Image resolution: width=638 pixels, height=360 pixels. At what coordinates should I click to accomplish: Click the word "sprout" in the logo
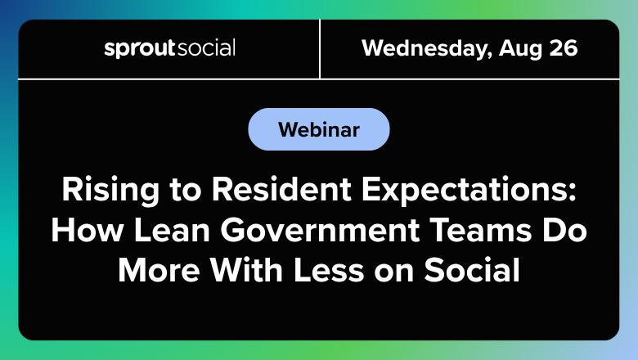click(x=140, y=48)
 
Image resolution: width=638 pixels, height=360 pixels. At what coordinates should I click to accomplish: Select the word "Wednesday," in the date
click(x=426, y=48)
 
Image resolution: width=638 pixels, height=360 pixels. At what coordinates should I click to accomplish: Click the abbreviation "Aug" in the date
click(x=521, y=49)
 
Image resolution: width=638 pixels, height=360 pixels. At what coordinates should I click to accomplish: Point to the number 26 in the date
click(x=564, y=48)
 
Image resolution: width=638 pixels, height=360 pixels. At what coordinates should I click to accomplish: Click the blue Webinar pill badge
click(x=319, y=129)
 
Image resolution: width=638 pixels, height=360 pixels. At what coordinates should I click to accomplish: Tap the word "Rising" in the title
click(x=110, y=190)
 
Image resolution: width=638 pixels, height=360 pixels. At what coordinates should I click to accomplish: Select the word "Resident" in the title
click(x=281, y=189)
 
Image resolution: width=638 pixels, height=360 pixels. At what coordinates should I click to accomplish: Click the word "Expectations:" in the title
click(x=470, y=191)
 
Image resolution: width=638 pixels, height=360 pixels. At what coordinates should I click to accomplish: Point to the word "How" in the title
click(x=87, y=230)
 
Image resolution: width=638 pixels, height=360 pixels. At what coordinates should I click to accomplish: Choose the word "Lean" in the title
click(x=172, y=230)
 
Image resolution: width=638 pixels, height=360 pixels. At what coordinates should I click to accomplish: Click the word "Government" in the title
click(x=320, y=230)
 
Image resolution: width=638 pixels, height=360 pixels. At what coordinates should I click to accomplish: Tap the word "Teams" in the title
click(x=480, y=230)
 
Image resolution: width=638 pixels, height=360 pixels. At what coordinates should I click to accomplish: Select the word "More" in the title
click(x=159, y=270)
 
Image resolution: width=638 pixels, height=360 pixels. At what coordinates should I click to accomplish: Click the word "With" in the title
click(x=246, y=270)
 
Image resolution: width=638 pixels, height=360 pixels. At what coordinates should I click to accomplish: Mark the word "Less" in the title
click(x=329, y=270)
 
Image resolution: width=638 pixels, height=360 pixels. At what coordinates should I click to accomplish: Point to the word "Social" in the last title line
click(x=472, y=270)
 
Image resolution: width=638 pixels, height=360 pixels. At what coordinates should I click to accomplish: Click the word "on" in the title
click(x=394, y=273)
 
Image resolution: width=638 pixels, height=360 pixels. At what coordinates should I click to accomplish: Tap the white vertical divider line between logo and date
click(x=320, y=49)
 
